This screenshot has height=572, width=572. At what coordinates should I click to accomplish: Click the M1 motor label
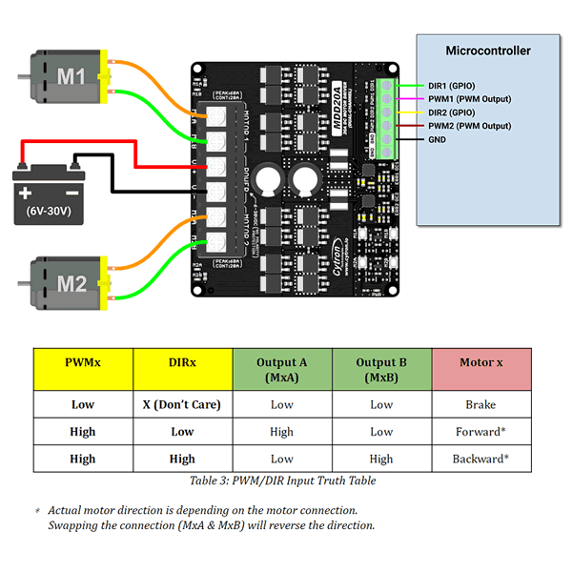(x=73, y=75)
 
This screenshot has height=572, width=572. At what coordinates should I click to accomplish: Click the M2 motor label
(x=73, y=283)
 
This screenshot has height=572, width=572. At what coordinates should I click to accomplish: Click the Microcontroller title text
(x=488, y=51)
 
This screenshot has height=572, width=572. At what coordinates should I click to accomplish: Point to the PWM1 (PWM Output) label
(x=469, y=98)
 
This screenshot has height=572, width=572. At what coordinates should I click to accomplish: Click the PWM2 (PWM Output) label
(x=469, y=126)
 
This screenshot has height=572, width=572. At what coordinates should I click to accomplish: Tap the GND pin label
(x=438, y=139)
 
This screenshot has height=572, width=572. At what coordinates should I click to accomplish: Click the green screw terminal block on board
(x=386, y=118)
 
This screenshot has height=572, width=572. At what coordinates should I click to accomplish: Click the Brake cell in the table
(x=480, y=404)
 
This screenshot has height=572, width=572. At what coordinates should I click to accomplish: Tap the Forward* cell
(x=480, y=431)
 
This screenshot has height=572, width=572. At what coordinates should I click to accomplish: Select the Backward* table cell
(x=480, y=459)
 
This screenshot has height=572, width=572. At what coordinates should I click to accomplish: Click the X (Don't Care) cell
(x=182, y=404)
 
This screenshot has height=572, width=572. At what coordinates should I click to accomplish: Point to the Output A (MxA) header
(x=282, y=370)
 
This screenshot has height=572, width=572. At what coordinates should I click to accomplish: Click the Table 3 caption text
(x=282, y=480)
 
